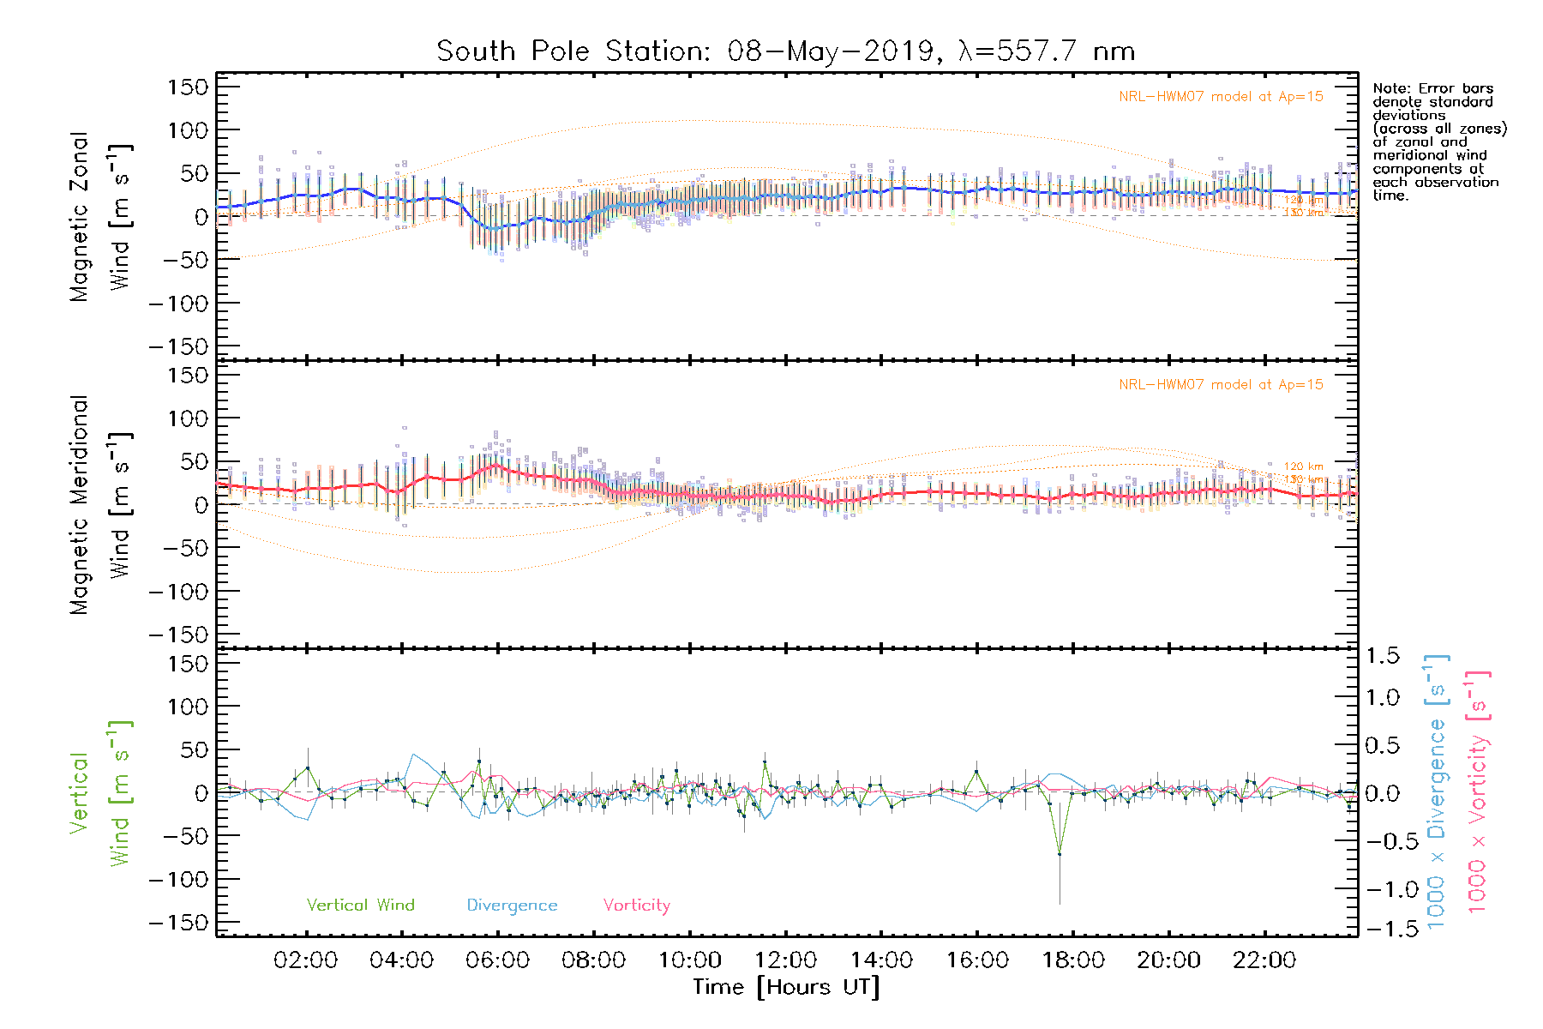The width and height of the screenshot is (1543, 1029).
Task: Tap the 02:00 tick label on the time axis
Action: pos(305,960)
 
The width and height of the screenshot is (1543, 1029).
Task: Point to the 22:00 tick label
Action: pos(1264,960)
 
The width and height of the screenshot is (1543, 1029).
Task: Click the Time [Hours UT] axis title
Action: pos(786,987)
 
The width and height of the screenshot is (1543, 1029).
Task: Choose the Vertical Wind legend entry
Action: pos(360,906)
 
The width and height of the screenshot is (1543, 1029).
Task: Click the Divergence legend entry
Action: pos(512,906)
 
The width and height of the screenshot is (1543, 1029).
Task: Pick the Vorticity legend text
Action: pos(636,906)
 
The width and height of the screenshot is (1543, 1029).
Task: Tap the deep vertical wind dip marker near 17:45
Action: pos(1060,854)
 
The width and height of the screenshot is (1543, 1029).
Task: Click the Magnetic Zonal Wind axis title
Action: pos(101,216)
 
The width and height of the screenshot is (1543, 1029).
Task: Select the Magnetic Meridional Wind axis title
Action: pos(101,505)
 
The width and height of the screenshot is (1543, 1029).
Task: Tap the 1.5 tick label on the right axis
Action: pos(1382,656)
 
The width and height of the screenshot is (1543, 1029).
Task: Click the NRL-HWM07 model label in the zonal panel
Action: pos(1221,97)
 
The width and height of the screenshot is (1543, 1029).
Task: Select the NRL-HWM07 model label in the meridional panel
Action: pos(1221,385)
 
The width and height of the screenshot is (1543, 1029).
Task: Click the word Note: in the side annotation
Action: pos(1390,88)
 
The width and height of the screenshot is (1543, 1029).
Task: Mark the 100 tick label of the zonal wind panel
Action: pos(189,130)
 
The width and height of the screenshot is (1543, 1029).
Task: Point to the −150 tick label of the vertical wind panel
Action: pos(178,923)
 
